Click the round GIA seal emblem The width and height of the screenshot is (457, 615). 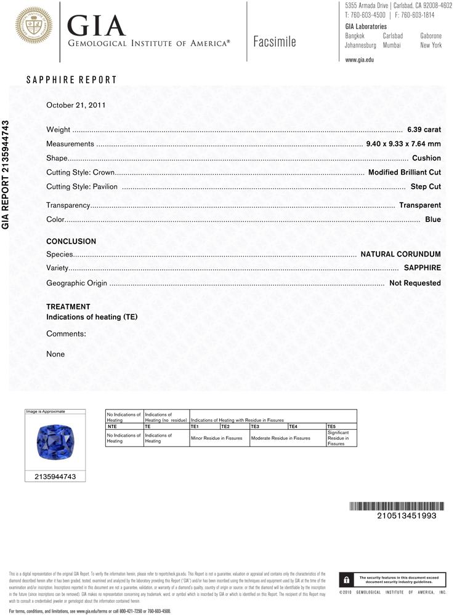point(34,25)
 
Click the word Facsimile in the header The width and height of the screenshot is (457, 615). point(274,42)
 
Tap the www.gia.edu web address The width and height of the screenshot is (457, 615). point(360,60)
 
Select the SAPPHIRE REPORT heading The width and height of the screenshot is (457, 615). point(71,80)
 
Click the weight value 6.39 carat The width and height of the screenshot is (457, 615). point(424,130)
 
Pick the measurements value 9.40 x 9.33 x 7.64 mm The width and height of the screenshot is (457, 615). point(403,144)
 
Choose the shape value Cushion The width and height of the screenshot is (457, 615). point(426,158)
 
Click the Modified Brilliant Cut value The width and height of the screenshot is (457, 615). point(404,172)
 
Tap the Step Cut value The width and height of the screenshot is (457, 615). point(426,186)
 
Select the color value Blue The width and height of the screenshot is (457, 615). point(433,219)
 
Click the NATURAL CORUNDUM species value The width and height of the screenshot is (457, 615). point(400,254)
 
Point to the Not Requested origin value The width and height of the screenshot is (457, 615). point(415,283)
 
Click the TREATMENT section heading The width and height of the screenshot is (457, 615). point(68,306)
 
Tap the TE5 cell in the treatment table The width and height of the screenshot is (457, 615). point(332,426)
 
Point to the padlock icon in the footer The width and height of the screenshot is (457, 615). point(346,580)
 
